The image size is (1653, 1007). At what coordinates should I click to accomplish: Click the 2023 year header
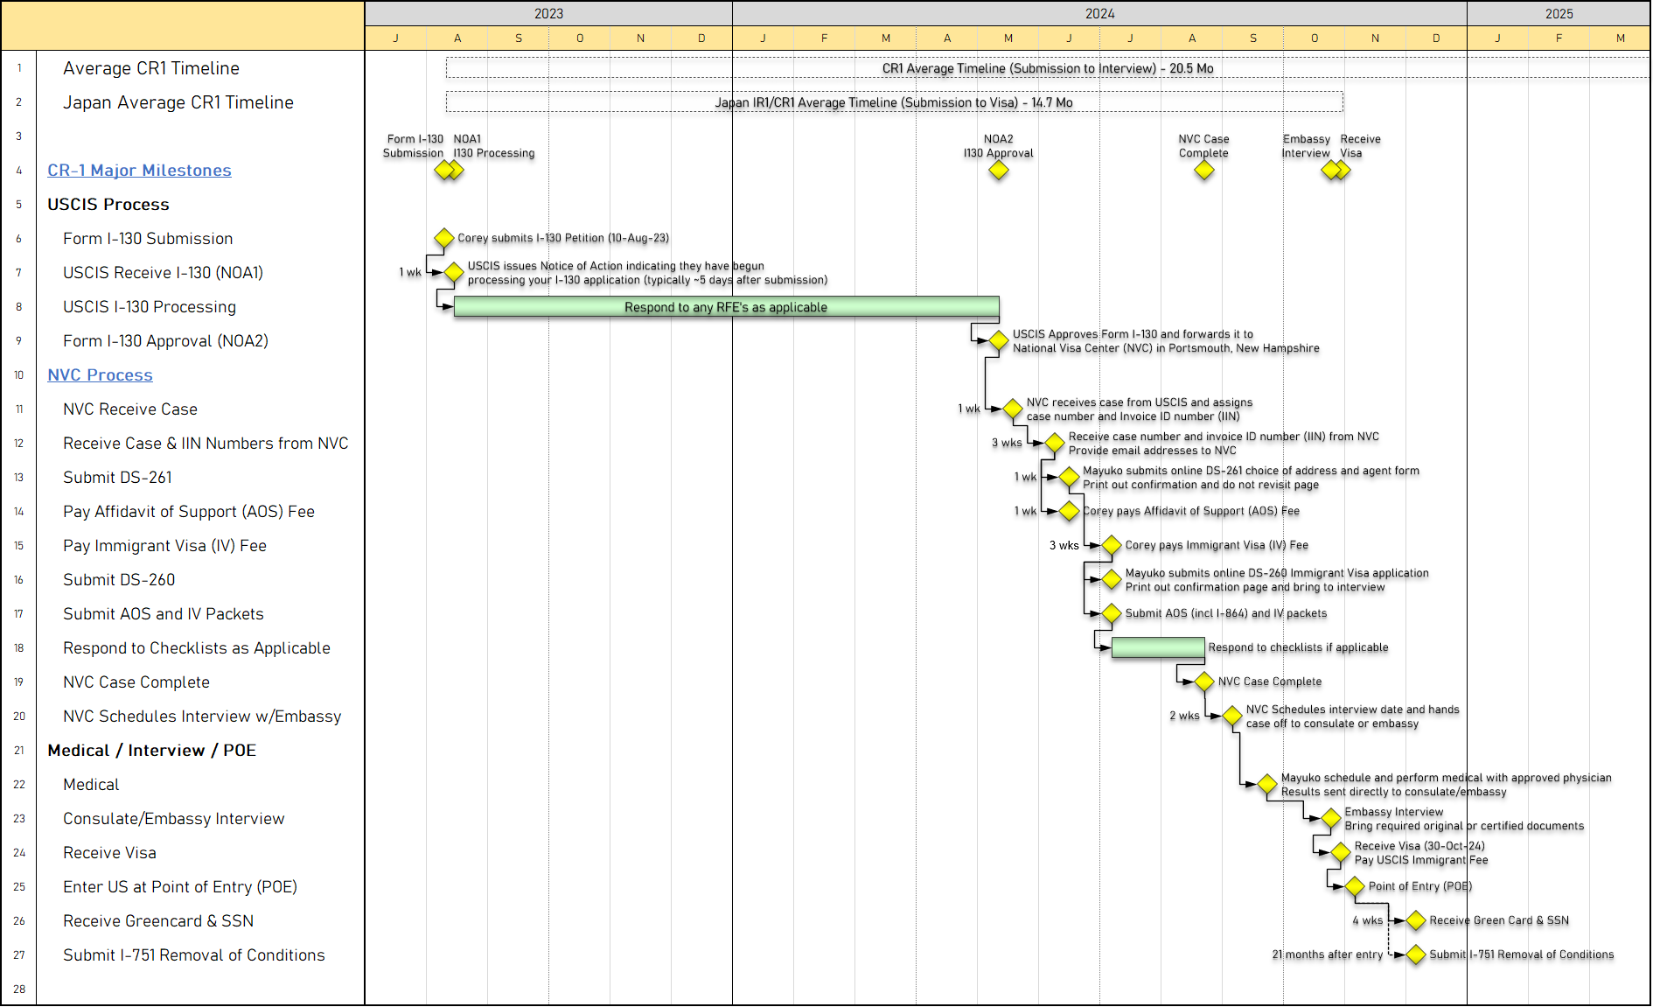(x=548, y=13)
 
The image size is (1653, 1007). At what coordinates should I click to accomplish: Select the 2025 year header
(x=1559, y=13)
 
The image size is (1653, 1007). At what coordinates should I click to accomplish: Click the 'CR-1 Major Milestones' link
(x=139, y=171)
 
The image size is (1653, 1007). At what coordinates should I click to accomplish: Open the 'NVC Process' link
(x=100, y=375)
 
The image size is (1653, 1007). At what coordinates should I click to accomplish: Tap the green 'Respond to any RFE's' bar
(x=726, y=307)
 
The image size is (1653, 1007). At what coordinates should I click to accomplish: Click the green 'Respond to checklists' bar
(x=1158, y=648)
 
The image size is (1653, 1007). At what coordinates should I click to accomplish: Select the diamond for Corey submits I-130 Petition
(x=444, y=238)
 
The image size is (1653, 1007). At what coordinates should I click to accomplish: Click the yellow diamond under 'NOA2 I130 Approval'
(x=999, y=171)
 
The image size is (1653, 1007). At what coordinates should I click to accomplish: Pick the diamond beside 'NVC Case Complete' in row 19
(x=1204, y=682)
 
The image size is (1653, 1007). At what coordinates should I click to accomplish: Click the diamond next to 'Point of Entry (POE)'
(x=1355, y=886)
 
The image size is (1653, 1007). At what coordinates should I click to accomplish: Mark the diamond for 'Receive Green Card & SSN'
(x=1416, y=920)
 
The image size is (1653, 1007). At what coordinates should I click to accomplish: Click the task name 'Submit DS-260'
(x=119, y=580)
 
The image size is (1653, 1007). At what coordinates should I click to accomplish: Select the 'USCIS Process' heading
(x=108, y=205)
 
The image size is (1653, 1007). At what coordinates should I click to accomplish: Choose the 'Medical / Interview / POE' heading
(x=152, y=751)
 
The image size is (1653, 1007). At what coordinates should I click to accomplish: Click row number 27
(x=19, y=955)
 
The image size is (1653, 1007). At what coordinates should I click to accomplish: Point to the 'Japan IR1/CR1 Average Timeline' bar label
(x=894, y=102)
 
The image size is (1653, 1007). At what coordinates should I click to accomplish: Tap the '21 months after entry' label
(x=1328, y=955)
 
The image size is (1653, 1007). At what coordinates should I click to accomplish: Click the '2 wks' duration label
(x=1184, y=716)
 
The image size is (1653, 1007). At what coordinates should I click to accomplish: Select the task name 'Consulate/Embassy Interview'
(x=174, y=819)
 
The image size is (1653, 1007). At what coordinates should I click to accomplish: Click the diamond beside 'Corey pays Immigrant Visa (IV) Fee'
(x=1112, y=545)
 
